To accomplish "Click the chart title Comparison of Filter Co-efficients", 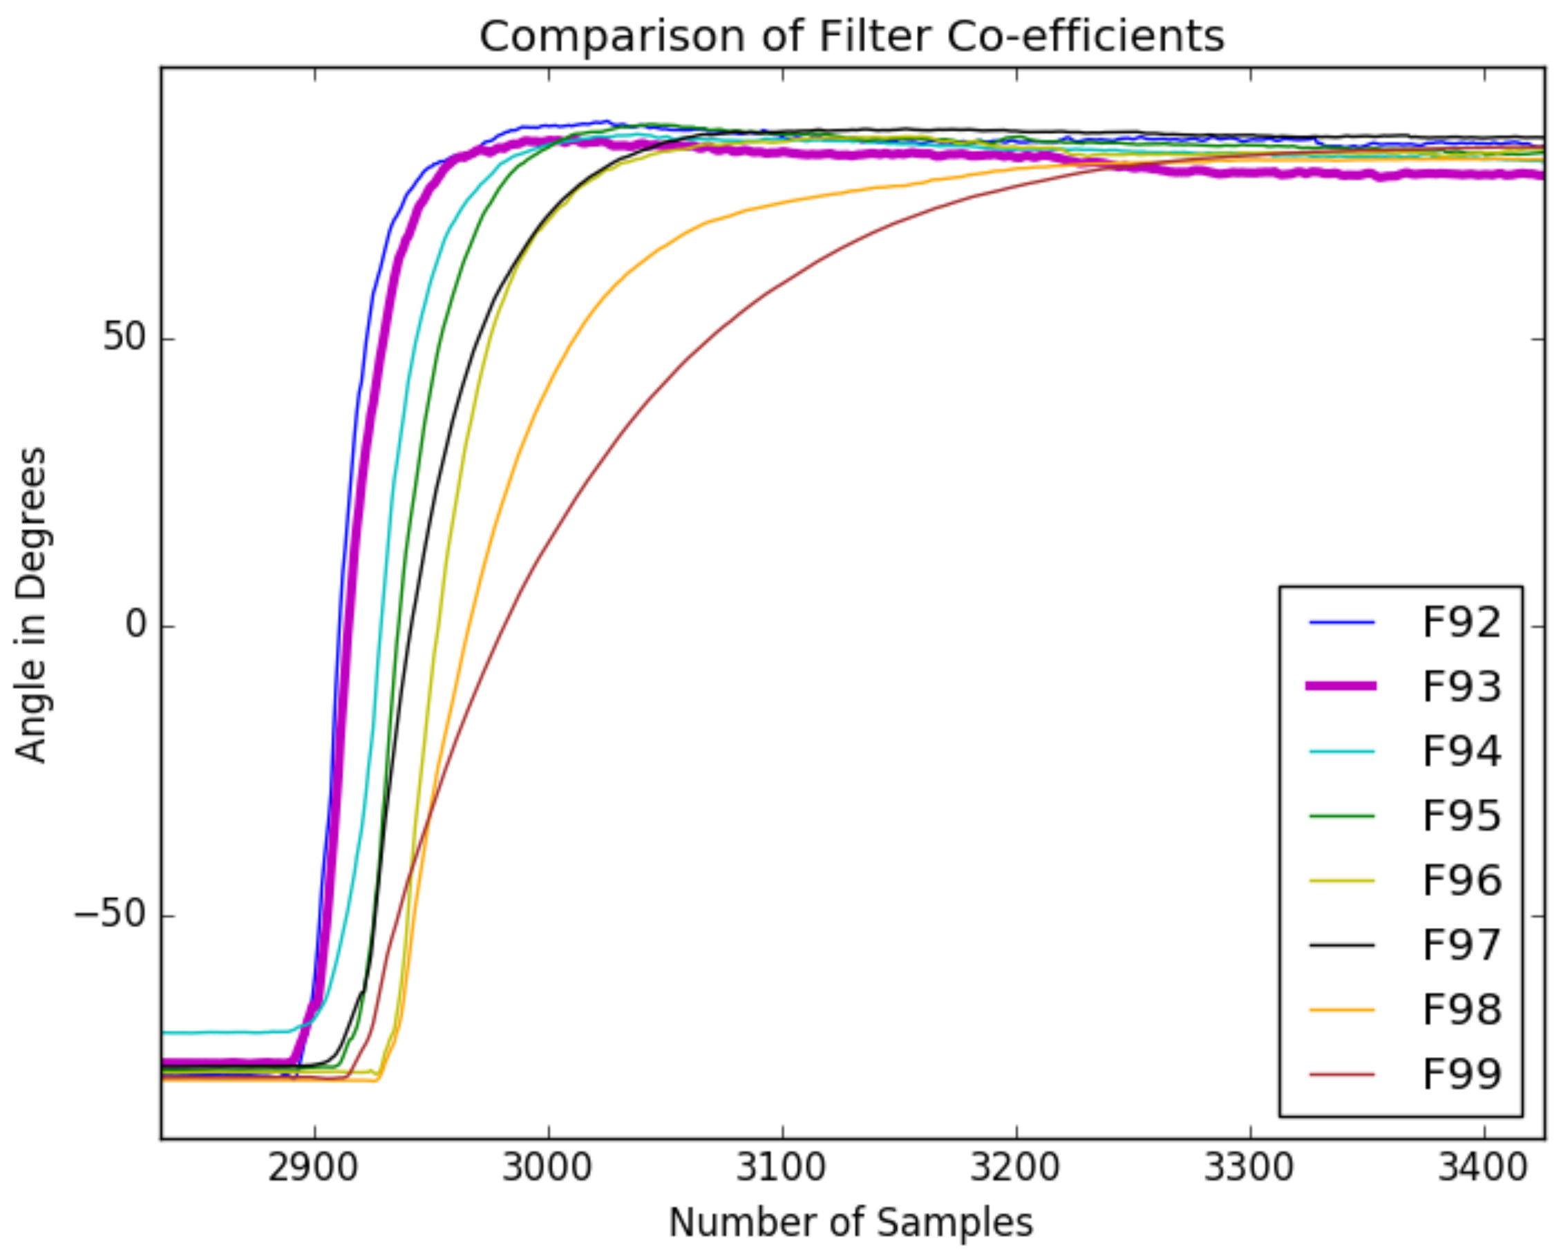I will [x=851, y=36].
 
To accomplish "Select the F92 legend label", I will [x=1461, y=622].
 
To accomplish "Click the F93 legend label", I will [x=1461, y=686].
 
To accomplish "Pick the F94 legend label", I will [x=1461, y=751].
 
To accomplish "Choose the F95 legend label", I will [x=1461, y=816].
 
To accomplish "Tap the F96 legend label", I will [x=1461, y=880].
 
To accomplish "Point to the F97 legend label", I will [x=1461, y=945].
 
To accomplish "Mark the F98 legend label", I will [x=1461, y=1009].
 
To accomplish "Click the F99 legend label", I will [x=1461, y=1074].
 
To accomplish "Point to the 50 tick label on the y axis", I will [x=124, y=337].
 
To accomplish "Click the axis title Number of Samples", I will [x=851, y=1223].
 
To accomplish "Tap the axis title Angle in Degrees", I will [x=31, y=605].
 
